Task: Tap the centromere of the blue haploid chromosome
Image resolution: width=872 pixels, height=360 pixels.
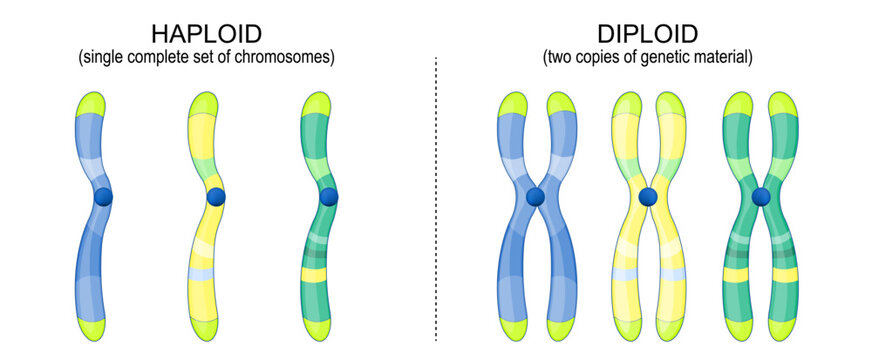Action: pos(103,198)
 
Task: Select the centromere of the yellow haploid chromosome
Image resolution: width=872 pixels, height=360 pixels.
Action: pos(216,197)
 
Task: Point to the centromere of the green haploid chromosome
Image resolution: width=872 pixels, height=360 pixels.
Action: pos(329,197)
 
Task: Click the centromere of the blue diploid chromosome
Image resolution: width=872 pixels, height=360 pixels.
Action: pos(536,197)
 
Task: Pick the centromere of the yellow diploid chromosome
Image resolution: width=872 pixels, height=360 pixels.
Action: pos(648,197)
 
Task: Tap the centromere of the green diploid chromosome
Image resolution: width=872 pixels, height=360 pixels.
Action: pos(761,197)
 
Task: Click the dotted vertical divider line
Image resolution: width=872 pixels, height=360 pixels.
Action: pos(436,200)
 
